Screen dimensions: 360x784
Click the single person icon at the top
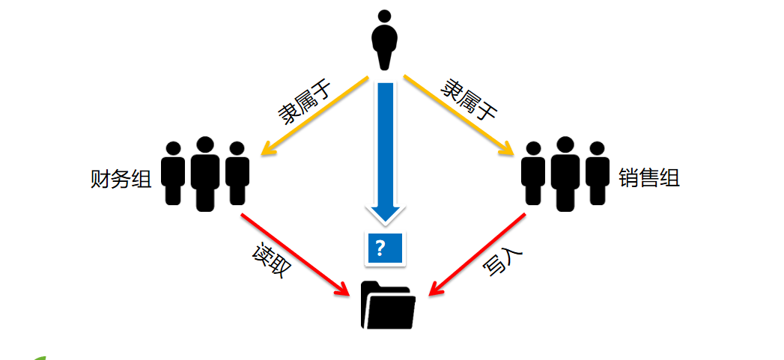point(385,42)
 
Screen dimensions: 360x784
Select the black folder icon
point(388,305)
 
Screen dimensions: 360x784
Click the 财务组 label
point(120,180)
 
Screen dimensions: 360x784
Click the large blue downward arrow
point(385,150)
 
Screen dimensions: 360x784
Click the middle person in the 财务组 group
point(204,174)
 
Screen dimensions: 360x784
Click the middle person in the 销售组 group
point(565,174)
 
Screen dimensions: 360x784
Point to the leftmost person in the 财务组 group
point(173,173)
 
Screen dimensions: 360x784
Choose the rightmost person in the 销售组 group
point(598,173)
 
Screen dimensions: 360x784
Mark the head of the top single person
point(385,16)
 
